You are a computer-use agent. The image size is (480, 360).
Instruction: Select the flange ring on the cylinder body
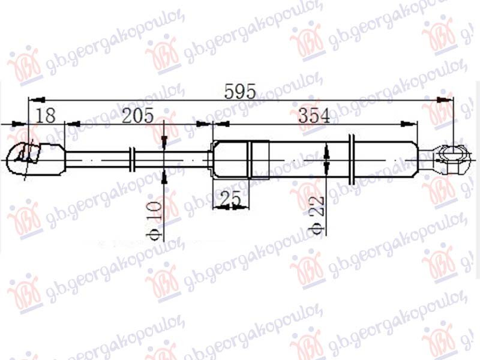(x=352, y=159)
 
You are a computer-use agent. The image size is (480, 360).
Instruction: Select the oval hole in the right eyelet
(x=451, y=157)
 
